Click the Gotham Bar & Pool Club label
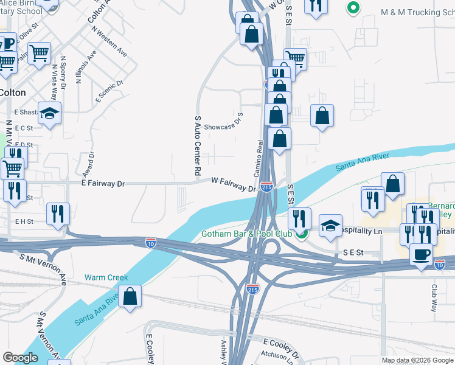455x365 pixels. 247,234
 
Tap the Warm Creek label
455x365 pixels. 106,277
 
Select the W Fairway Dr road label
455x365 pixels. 234,184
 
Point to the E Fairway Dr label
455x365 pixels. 103,182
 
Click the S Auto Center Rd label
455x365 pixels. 198,146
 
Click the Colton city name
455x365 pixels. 12,92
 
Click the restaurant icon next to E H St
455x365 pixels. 58,214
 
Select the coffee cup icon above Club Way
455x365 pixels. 420,254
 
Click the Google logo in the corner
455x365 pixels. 20,358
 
